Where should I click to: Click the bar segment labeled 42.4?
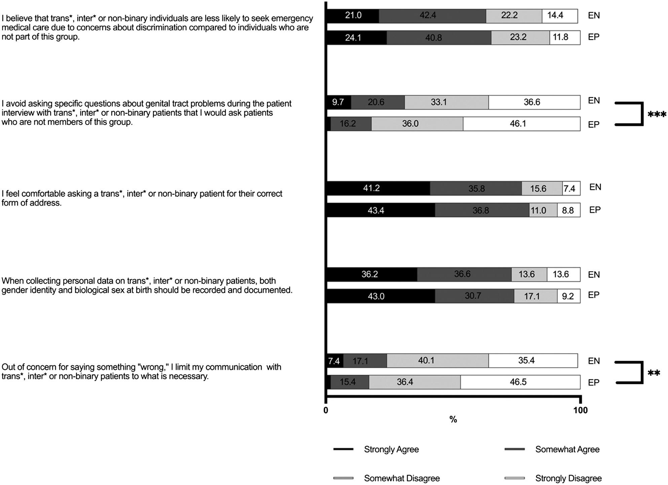click(x=432, y=16)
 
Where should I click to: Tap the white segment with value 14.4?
click(x=560, y=16)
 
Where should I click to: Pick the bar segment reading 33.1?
click(x=446, y=102)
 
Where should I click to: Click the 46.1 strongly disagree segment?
click(x=521, y=124)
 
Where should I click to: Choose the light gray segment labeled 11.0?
click(x=543, y=210)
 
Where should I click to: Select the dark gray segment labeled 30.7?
click(x=474, y=296)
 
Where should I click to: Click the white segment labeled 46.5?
click(x=520, y=382)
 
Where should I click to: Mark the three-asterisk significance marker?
click(x=657, y=115)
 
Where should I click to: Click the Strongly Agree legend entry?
click(x=391, y=449)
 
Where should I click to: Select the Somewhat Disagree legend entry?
click(x=402, y=478)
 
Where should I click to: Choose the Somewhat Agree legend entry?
click(x=567, y=449)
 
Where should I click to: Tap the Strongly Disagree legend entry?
click(x=568, y=478)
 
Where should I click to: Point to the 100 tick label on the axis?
click(x=581, y=410)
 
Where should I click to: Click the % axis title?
click(x=453, y=419)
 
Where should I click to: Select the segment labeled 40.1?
click(x=437, y=361)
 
